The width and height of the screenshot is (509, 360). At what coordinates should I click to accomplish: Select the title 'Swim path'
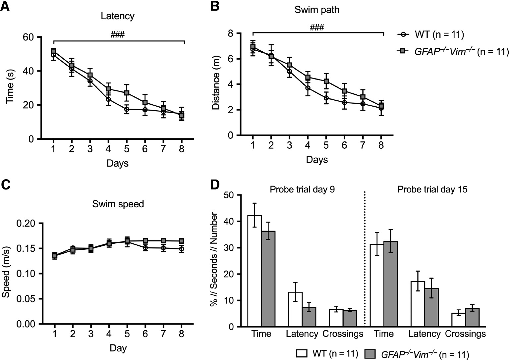click(x=317, y=10)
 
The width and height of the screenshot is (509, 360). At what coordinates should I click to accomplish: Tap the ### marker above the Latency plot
click(x=118, y=34)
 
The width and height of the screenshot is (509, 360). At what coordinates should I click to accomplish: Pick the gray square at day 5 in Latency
click(x=127, y=93)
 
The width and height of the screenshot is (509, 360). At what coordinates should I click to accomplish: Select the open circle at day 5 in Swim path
click(x=326, y=98)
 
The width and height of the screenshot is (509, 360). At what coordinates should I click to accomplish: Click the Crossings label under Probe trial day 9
click(x=343, y=334)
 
